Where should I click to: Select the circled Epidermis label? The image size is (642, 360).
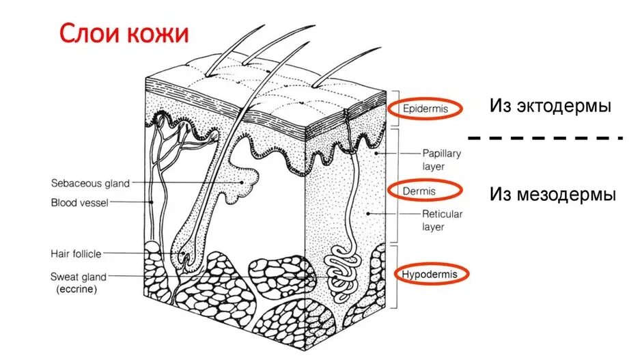(x=425, y=109)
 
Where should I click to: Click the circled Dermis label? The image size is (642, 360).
(x=419, y=191)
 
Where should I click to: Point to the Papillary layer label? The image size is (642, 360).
(x=441, y=159)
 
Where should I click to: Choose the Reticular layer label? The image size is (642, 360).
(x=441, y=220)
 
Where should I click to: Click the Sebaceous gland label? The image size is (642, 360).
(x=90, y=183)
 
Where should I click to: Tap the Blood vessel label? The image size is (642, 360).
(x=79, y=202)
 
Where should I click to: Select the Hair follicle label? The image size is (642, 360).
(x=76, y=253)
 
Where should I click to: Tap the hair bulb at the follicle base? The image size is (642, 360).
(x=184, y=255)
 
